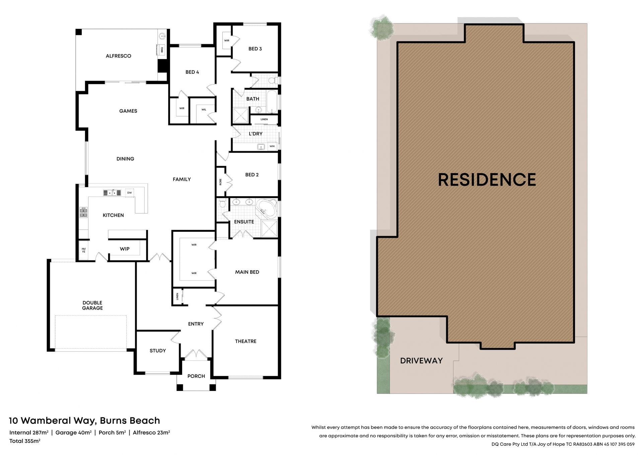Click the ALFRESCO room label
pos(118,56)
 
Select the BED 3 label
pos(255,49)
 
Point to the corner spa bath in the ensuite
pos(267,209)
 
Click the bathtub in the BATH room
pos(272,102)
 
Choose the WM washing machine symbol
pos(272,147)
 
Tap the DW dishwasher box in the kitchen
pos(130,193)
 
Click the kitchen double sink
pos(112,193)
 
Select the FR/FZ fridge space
pos(84,250)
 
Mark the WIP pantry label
pos(125,249)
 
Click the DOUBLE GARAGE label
pos(92,305)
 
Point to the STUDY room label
pos(158,351)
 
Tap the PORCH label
pos(196,376)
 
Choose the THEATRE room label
pos(246,341)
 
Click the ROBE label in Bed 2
pos(220,182)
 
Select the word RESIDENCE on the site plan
pos(487,180)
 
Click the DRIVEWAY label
pos(422,361)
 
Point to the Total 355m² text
pos(25,441)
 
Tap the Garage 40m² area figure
pos(73,433)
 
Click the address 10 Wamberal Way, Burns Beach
pos(84,421)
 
